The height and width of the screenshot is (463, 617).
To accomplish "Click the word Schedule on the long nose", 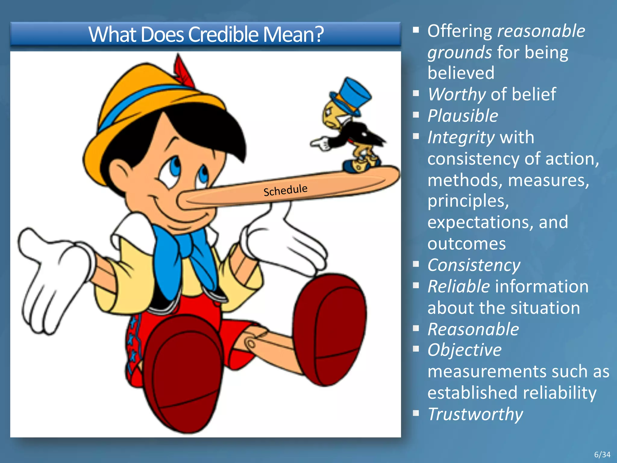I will click(285, 190).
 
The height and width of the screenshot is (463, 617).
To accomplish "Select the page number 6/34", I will click(602, 455).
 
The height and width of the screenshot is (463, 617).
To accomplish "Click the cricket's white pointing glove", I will click(321, 143).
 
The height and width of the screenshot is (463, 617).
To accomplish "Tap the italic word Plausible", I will click(463, 116).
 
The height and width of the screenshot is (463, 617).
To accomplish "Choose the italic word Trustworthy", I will click(475, 414).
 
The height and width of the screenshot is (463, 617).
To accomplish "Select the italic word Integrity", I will click(461, 138).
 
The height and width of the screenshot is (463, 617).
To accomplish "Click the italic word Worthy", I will click(457, 94).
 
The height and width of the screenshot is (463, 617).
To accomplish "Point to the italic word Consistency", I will click(474, 265).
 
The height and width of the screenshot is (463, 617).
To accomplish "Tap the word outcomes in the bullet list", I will click(466, 244).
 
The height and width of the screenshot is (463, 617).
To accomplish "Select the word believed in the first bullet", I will click(461, 73).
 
